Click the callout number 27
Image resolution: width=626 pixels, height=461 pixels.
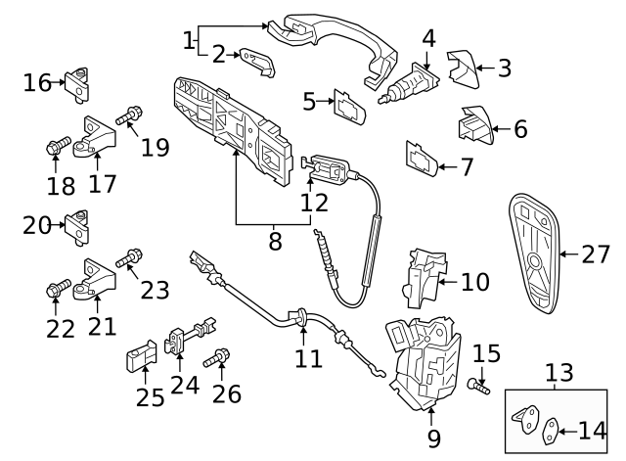(x=595, y=254)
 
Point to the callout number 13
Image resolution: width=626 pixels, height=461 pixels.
(x=559, y=373)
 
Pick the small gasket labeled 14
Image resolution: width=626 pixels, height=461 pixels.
(x=552, y=428)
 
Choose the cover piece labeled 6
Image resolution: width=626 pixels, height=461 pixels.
(x=473, y=127)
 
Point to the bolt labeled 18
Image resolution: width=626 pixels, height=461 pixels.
(x=55, y=148)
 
